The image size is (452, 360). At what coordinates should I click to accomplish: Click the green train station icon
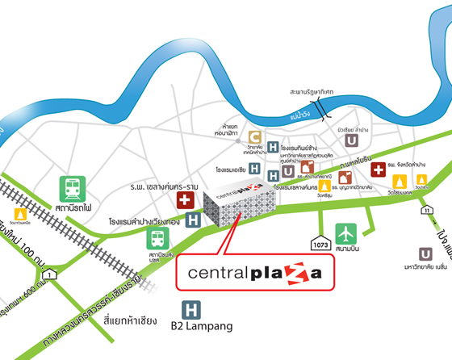tap(71, 190)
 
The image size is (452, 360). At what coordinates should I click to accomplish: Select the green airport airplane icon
tap(346, 233)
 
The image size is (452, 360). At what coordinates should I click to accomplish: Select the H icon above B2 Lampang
tap(191, 308)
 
